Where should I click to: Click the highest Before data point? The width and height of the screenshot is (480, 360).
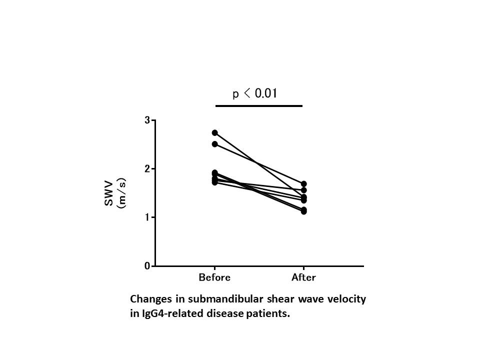click(x=215, y=132)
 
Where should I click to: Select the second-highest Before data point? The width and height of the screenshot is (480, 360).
click(x=215, y=144)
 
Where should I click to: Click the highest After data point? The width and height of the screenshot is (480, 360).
click(x=303, y=184)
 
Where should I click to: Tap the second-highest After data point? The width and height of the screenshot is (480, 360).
click(x=303, y=190)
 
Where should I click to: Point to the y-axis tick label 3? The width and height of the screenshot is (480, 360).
click(x=147, y=120)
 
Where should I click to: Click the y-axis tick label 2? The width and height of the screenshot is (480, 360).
click(x=147, y=169)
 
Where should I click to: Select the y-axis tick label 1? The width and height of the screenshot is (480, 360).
click(x=147, y=217)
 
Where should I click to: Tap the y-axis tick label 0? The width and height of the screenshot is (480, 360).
click(x=147, y=266)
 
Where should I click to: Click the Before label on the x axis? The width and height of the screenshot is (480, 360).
click(x=214, y=277)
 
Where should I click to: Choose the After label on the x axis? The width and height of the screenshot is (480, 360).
click(x=303, y=277)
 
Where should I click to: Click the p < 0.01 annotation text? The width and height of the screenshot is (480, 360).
click(x=255, y=94)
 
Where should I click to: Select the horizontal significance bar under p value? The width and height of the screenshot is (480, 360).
click(x=259, y=106)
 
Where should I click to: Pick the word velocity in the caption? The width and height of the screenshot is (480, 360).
click(x=348, y=299)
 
